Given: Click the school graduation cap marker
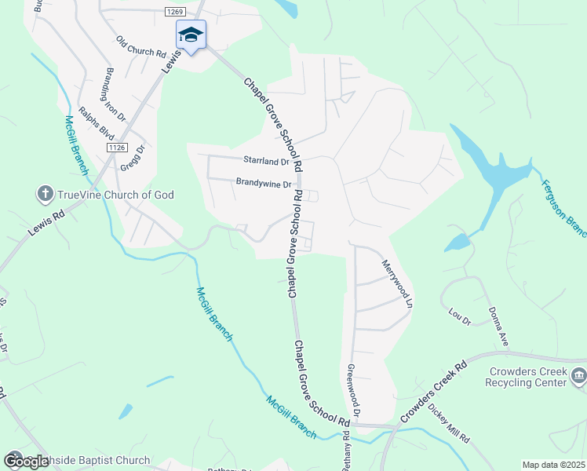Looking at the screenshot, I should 191,35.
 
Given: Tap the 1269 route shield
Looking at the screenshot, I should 175,12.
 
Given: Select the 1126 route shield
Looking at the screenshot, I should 117,148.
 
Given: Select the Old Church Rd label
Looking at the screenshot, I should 141,48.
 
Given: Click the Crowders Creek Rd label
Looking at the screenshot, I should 432,391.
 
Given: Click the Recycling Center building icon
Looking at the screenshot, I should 579,377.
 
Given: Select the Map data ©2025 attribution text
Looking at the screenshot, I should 553,465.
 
